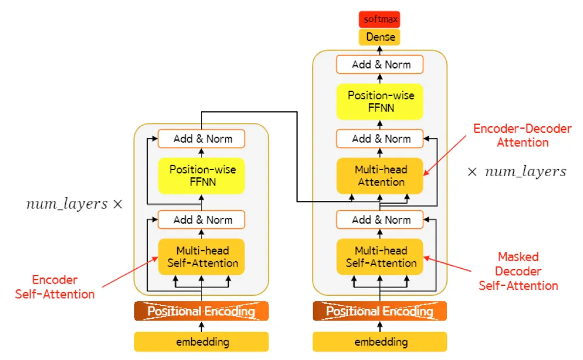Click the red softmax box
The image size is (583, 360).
click(x=379, y=19)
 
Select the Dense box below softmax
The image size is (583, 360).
click(x=379, y=37)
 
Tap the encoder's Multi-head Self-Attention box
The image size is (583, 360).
click(x=201, y=257)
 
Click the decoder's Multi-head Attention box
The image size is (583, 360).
click(x=380, y=176)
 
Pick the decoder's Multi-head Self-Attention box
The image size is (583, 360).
click(x=380, y=257)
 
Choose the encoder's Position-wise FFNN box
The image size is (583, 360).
click(x=201, y=176)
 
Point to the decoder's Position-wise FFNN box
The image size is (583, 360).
click(x=380, y=102)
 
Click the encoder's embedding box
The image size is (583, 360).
click(x=201, y=342)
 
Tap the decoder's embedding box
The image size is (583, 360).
click(x=380, y=342)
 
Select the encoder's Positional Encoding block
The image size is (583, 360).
click(x=201, y=312)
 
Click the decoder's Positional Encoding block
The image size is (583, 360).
click(x=380, y=312)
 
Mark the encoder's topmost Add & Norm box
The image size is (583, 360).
click(x=201, y=139)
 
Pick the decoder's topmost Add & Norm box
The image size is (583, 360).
click(x=380, y=65)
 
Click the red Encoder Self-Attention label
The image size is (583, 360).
click(x=55, y=287)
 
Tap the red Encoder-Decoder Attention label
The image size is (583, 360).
click(x=523, y=136)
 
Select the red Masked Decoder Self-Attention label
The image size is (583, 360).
click(x=518, y=271)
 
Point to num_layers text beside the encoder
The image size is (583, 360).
click(x=74, y=204)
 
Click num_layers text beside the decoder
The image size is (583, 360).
click(x=517, y=172)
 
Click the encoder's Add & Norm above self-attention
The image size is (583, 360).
click(x=201, y=220)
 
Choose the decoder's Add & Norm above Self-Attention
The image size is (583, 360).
click(x=380, y=220)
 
